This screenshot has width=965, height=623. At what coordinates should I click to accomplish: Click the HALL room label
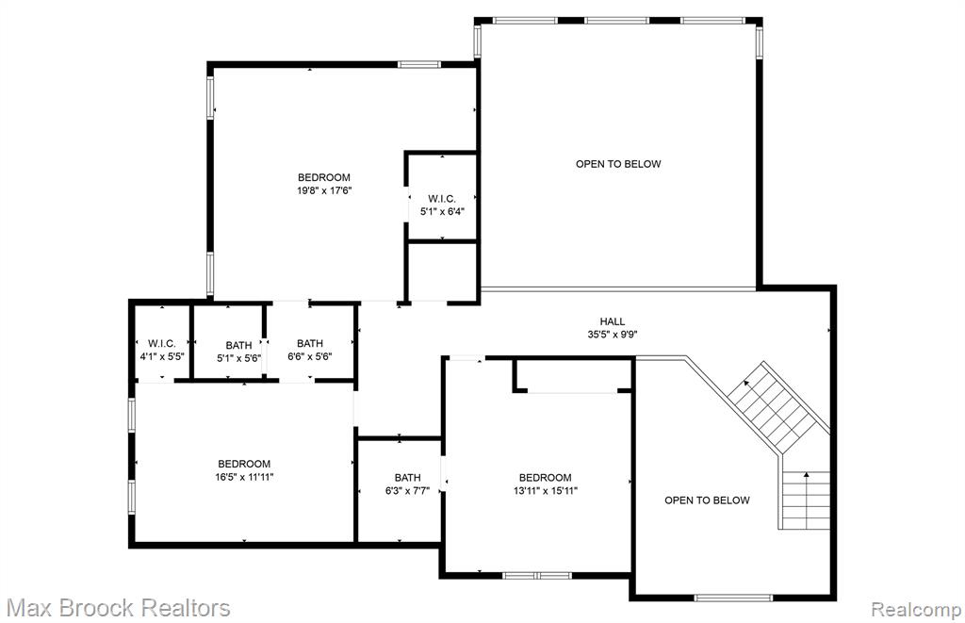613,321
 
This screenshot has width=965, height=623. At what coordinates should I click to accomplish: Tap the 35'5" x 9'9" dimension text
613,335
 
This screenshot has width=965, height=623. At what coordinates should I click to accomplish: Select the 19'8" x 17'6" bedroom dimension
324,190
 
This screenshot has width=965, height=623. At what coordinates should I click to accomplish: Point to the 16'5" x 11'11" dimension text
244,477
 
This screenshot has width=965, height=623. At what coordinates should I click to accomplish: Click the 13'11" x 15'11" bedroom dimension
546,491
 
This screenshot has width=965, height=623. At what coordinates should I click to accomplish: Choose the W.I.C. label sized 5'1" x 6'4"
442,199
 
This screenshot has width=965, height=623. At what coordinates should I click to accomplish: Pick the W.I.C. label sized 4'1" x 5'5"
162,343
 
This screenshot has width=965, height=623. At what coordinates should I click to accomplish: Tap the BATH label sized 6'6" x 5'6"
309,343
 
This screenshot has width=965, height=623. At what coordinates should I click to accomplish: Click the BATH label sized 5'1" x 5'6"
238,345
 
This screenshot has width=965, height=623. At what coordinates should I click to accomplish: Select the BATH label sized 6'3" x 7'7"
407,478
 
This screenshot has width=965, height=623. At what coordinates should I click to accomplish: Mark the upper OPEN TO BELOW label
618,164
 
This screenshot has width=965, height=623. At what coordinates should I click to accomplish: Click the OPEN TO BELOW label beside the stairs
707,500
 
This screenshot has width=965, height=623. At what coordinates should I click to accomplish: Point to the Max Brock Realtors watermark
118,608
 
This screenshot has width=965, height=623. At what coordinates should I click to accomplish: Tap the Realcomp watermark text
916,610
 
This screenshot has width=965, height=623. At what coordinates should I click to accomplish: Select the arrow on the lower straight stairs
807,476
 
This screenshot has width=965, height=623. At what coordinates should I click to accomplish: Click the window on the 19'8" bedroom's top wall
419,64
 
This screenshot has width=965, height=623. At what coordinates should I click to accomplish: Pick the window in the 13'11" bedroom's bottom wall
537,576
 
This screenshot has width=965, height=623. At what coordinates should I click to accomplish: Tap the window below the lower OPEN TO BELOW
733,598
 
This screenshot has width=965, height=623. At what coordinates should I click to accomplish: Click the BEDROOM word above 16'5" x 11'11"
244,464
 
